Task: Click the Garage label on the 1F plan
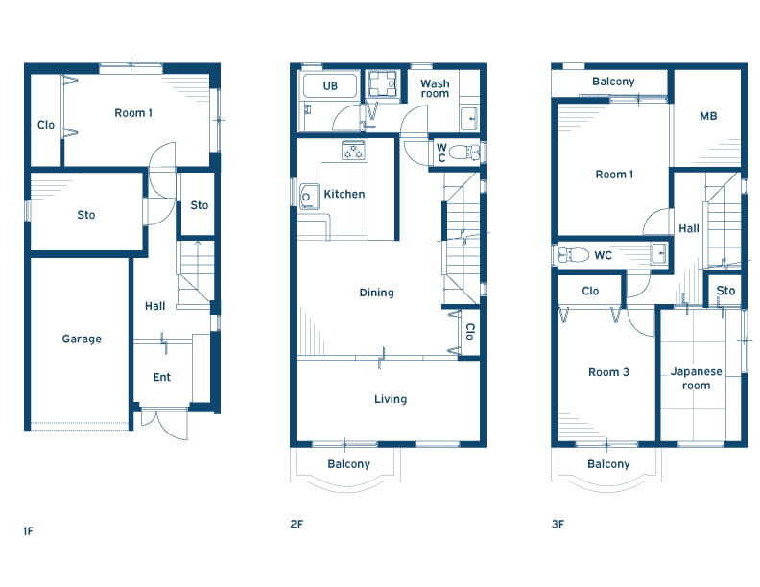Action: click(82, 339)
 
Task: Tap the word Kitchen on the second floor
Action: click(344, 194)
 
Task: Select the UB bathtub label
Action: click(330, 85)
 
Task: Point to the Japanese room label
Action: click(696, 378)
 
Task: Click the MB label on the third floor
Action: click(708, 116)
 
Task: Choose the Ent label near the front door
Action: click(162, 377)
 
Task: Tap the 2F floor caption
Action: click(297, 524)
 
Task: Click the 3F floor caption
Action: click(558, 524)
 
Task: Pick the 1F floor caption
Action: click(28, 530)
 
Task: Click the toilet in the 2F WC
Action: click(463, 153)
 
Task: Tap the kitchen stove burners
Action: click(353, 151)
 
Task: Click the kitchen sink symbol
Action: click(308, 197)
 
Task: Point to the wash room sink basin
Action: click(468, 118)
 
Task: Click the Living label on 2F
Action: click(391, 399)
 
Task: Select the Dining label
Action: click(376, 293)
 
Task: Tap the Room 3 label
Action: click(608, 372)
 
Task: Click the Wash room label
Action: click(435, 88)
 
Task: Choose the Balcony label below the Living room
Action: click(349, 464)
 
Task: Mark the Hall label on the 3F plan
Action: click(689, 228)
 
